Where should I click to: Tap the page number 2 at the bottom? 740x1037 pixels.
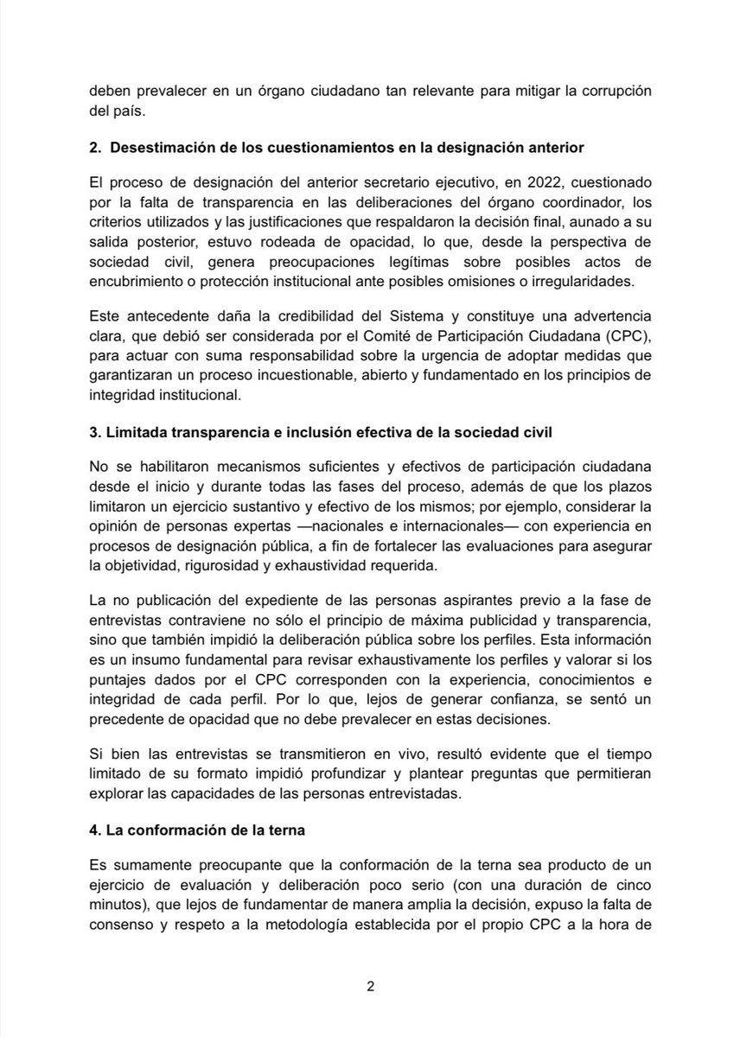[369, 987]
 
